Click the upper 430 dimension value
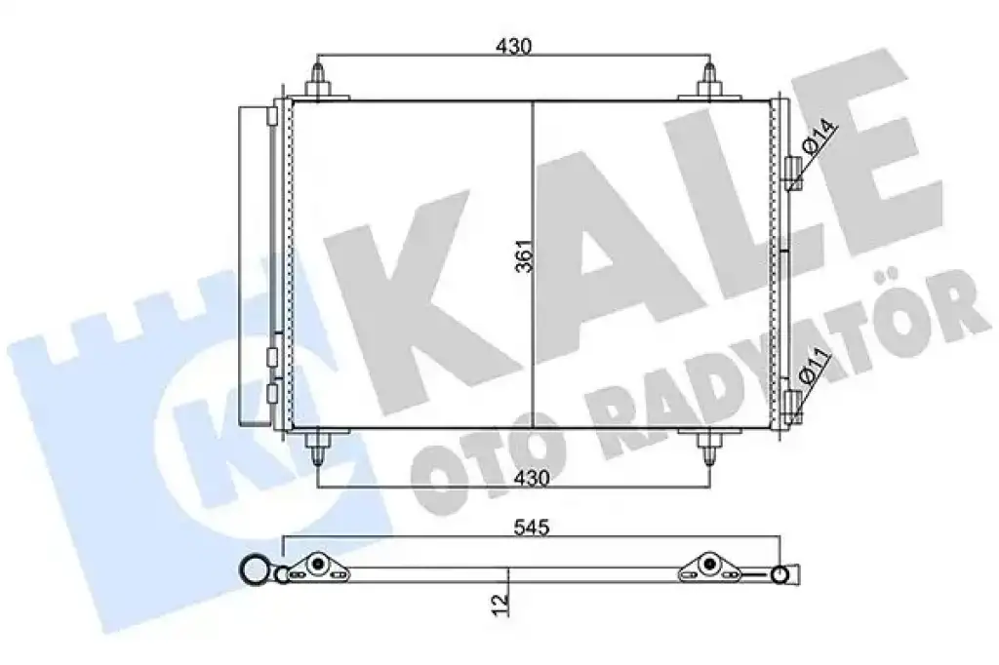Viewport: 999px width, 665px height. click(x=513, y=47)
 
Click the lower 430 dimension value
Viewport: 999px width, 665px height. click(x=532, y=478)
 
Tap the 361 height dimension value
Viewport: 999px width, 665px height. click(x=523, y=256)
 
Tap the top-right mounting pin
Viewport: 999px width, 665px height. click(x=709, y=82)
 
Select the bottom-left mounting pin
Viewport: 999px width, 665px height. click(x=318, y=448)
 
